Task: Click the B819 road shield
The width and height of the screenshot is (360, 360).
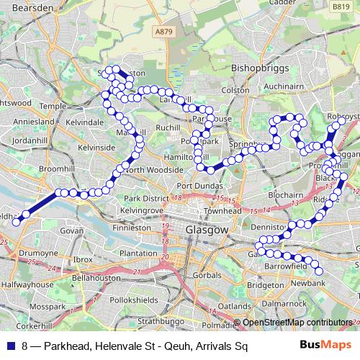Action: click(342, 6)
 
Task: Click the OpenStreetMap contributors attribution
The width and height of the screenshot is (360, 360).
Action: click(298, 323)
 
